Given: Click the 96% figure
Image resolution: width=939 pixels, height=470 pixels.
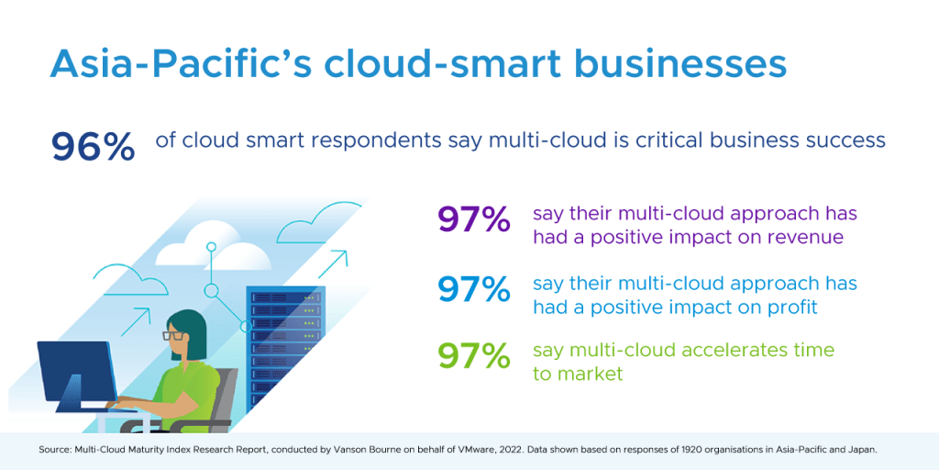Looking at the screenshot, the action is (x=93, y=147).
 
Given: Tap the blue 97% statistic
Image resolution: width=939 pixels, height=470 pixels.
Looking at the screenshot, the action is (x=474, y=289).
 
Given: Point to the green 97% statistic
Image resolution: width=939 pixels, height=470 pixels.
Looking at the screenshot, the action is (x=474, y=356).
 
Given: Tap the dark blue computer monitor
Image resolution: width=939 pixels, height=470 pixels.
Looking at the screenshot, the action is (x=77, y=377).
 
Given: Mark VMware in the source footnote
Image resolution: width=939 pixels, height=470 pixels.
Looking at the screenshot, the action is (x=480, y=449).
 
